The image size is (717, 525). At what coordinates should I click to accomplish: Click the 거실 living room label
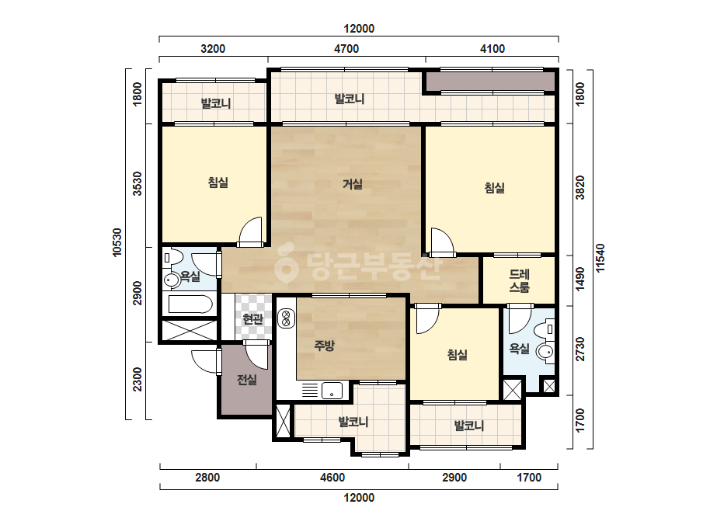pos(353,184)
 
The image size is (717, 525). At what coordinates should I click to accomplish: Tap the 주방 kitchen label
pos(324,346)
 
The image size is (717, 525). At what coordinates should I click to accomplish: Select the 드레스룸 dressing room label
pos(520,281)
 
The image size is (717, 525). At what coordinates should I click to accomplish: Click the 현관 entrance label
pos(253,318)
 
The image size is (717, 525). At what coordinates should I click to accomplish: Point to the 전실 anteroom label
pos(247,380)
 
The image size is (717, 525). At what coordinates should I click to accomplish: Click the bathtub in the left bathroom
pos(190,304)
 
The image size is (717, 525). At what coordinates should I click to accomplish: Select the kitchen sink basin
pos(332,391)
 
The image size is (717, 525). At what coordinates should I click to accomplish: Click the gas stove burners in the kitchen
pos(287,318)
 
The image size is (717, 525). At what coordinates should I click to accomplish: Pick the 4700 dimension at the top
pos(346,49)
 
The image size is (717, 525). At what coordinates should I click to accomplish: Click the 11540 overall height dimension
pos(600,258)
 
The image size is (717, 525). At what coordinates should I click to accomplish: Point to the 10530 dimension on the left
pos(117,242)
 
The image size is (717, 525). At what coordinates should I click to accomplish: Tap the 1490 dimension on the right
pos(580,279)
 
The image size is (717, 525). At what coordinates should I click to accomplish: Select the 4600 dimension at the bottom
pos(332,478)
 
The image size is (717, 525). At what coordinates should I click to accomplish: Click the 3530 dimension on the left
pos(137,184)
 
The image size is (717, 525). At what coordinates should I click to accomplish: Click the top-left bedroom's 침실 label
pos(218,183)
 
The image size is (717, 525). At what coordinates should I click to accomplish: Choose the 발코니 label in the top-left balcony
pos(216,103)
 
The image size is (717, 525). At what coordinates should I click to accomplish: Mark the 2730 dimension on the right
pos(580,349)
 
